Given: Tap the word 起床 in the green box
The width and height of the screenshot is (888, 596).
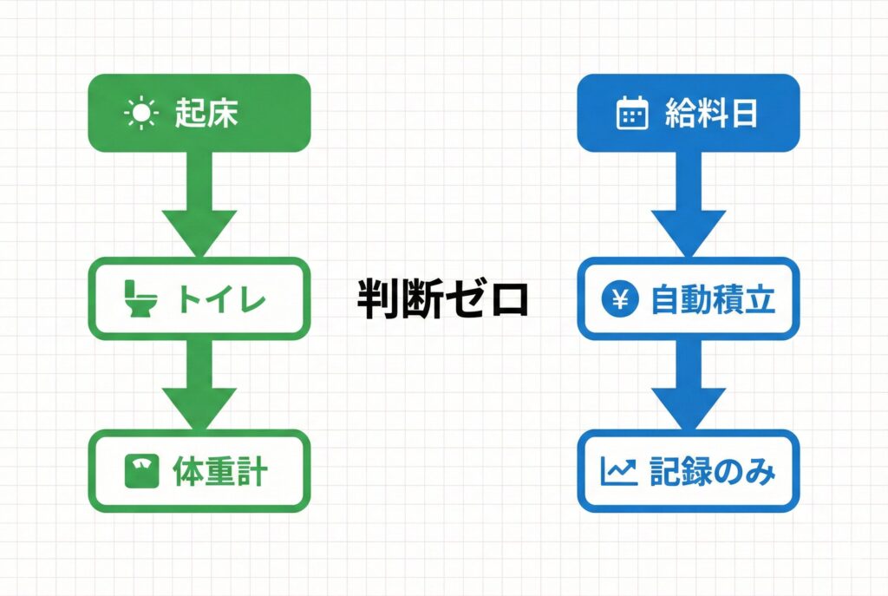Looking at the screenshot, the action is (206, 113).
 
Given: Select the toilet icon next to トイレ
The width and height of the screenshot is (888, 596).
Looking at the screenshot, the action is (140, 298).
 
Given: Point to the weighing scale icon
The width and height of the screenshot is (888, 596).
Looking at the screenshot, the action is (141, 471).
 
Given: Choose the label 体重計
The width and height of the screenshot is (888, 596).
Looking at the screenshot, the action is (220, 471).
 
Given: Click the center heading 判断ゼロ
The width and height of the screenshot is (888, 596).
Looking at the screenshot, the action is (443, 298).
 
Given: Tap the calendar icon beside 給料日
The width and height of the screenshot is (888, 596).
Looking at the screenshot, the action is (632, 113).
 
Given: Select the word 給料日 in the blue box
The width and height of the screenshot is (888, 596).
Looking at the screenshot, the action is (711, 113).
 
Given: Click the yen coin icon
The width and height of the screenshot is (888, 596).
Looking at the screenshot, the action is (620, 298).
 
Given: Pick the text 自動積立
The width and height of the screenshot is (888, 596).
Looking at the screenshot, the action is (713, 299).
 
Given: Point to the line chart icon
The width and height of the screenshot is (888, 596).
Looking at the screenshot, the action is (619, 471).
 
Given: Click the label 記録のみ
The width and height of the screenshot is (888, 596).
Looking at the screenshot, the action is (713, 471).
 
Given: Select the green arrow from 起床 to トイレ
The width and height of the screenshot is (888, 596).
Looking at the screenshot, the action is (199, 205).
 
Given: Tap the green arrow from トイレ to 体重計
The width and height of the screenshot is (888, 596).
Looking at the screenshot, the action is (199, 384).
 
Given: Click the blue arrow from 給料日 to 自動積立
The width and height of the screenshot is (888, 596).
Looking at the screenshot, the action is (689, 205).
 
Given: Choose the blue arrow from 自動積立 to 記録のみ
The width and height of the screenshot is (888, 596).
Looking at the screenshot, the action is (689, 384).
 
